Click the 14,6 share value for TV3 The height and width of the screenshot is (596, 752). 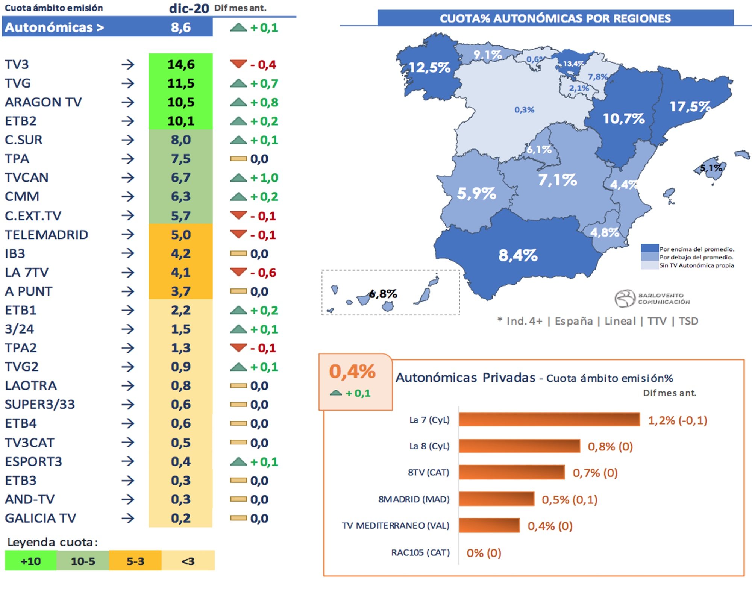pyautogui.click(x=181, y=64)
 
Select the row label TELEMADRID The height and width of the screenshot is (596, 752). pyautogui.click(x=46, y=235)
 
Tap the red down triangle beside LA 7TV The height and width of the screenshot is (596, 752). pyautogui.click(x=238, y=271)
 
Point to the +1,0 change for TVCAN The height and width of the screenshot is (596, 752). pyautogui.click(x=264, y=177)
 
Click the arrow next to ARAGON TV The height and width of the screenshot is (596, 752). pyautogui.click(x=128, y=102)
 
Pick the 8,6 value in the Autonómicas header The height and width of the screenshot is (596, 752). pyautogui.click(x=180, y=27)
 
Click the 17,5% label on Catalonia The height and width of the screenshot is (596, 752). pyautogui.click(x=690, y=106)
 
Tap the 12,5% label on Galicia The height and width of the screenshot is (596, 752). pyautogui.click(x=429, y=67)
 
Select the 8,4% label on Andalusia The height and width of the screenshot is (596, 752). pyautogui.click(x=518, y=255)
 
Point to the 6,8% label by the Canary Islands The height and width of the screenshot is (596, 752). pyautogui.click(x=383, y=294)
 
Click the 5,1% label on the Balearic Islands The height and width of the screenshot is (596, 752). pyautogui.click(x=711, y=168)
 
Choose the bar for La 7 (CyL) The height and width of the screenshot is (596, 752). pyautogui.click(x=549, y=420)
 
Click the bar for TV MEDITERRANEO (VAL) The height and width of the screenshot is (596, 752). pyautogui.click(x=489, y=526)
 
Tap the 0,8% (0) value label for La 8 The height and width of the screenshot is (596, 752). pyautogui.click(x=610, y=446)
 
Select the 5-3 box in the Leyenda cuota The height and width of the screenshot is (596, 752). pyautogui.click(x=135, y=561)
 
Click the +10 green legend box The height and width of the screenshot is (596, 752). pyautogui.click(x=31, y=561)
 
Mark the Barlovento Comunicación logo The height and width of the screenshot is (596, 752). pyautogui.click(x=652, y=299)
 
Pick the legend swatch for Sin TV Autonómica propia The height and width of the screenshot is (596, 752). pyautogui.click(x=649, y=265)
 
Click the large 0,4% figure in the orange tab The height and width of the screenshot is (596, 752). pyautogui.click(x=352, y=372)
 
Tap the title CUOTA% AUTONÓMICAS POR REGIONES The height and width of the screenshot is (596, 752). pyautogui.click(x=555, y=18)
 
